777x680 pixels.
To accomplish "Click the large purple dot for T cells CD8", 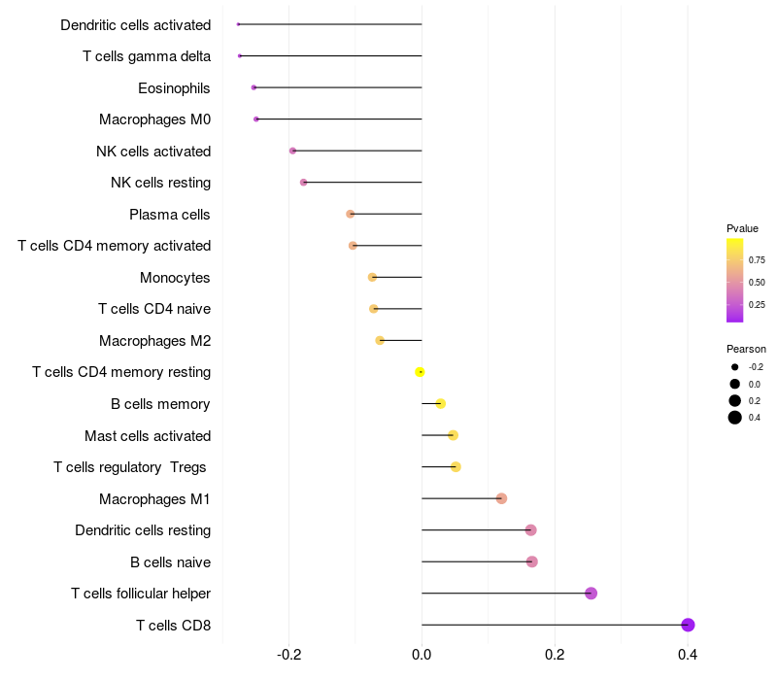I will [688, 625].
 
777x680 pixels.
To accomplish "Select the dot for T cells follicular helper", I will [591, 594].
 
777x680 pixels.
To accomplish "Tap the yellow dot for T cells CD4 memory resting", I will [420, 372].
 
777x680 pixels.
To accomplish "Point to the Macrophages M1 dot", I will [501, 498].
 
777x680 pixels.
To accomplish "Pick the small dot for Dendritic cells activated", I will [238, 24].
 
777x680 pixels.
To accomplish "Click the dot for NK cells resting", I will [304, 183].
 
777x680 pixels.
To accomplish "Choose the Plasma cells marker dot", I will [351, 214].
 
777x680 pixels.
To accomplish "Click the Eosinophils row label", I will [174, 88].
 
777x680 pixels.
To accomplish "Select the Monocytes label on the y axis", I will [175, 278].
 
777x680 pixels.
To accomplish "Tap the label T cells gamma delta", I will [147, 56].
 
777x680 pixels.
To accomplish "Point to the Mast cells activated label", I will [148, 436].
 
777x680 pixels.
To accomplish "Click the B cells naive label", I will [170, 562].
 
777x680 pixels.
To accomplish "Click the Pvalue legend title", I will [742, 228].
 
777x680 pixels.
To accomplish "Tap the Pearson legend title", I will [746, 349].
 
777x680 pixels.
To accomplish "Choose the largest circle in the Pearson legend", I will [735, 418].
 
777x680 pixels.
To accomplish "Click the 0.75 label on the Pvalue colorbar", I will [757, 260].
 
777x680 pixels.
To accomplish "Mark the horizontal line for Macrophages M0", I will [340, 119].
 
